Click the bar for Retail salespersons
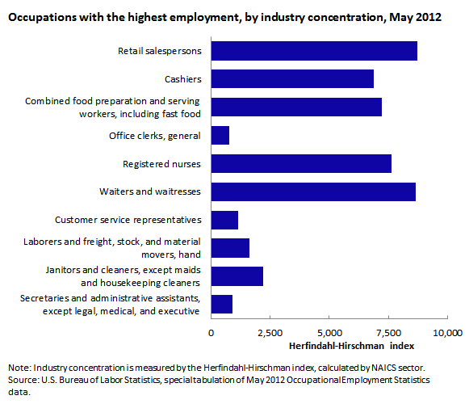point(314,51)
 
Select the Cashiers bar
point(292,78)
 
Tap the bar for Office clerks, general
point(220,136)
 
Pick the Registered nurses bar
point(301,163)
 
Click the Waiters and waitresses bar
point(313,191)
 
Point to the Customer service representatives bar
point(224,220)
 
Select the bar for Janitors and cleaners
point(237,276)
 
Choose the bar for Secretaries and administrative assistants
point(222,304)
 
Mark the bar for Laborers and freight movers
point(230,248)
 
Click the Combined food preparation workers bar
point(296,107)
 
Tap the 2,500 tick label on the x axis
point(270,333)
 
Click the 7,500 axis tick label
point(388,333)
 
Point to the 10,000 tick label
point(448,333)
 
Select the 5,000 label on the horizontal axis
point(329,333)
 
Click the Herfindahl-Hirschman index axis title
point(351,346)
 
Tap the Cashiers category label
point(183,79)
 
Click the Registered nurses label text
point(161,164)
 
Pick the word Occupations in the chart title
point(43,17)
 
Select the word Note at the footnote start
point(19,368)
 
